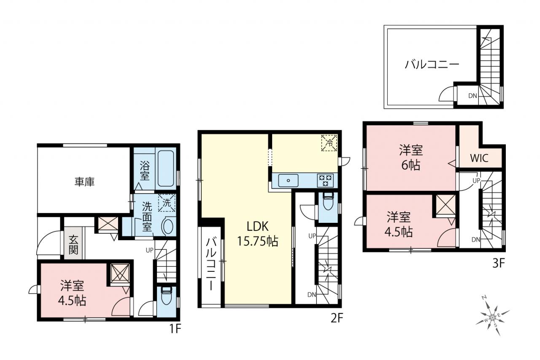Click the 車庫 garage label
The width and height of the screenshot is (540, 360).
(84, 182)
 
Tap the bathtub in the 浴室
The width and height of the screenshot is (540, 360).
(166, 168)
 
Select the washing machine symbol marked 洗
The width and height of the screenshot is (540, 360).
(167, 203)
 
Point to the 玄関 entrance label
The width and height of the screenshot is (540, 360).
(73, 245)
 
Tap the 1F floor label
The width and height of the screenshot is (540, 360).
(175, 329)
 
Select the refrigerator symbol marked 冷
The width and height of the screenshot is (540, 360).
(329, 143)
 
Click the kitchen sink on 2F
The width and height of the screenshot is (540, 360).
(288, 180)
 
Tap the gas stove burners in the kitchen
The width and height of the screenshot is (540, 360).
(325, 180)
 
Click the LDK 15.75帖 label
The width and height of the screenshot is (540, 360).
(258, 234)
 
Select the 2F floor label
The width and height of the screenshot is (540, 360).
(336, 318)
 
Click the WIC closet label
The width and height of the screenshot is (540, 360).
(479, 158)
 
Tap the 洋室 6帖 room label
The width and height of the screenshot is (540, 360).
(411, 158)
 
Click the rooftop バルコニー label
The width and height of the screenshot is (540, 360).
(432, 65)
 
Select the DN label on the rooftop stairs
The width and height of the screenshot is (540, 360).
(473, 96)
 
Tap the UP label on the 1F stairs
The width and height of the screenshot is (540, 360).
(149, 250)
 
